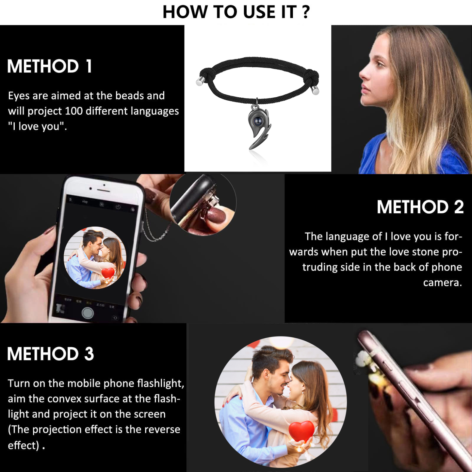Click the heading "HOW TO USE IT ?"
236,12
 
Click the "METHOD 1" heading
50,66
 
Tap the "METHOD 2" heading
420,207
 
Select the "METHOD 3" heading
51,354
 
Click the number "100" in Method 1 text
74,111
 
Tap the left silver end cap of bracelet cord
200,82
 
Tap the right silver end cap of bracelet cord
315,90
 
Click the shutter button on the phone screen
88,313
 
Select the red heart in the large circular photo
301,431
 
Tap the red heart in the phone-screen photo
108,273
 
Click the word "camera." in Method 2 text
442,282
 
